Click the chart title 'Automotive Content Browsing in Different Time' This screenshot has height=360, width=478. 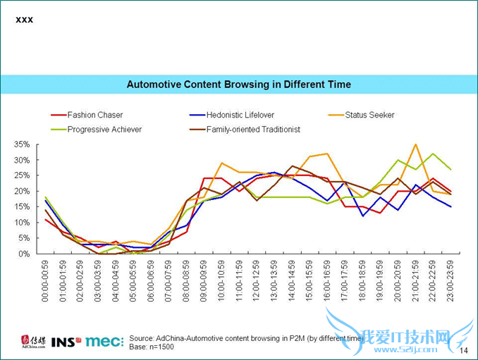238,85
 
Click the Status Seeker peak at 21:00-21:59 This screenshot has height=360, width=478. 416,144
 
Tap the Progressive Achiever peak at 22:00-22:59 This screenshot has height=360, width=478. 433,154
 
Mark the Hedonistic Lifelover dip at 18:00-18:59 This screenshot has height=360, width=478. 363,216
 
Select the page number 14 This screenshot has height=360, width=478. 463,350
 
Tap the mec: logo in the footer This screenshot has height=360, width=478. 104,342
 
